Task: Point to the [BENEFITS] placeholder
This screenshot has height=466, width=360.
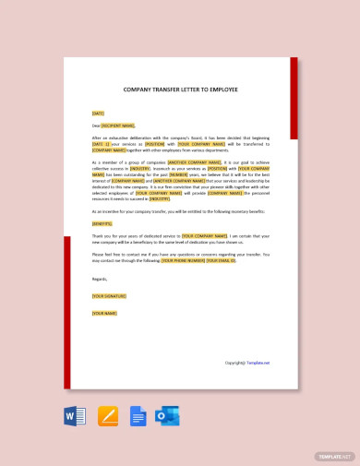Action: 102,223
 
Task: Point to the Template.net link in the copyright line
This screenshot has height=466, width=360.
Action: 258,363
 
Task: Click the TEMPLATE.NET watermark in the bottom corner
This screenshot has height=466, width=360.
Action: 334,456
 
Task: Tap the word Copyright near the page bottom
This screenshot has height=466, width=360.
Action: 234,363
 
